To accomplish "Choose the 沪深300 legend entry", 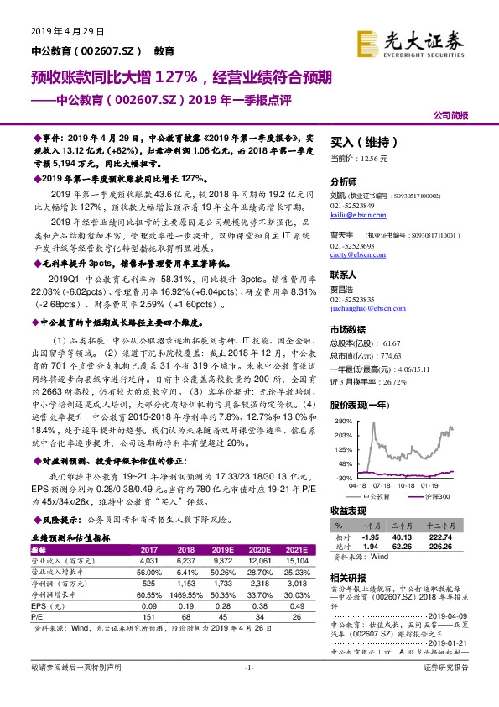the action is coord(437,498).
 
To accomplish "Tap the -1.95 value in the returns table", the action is coord(370,536).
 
